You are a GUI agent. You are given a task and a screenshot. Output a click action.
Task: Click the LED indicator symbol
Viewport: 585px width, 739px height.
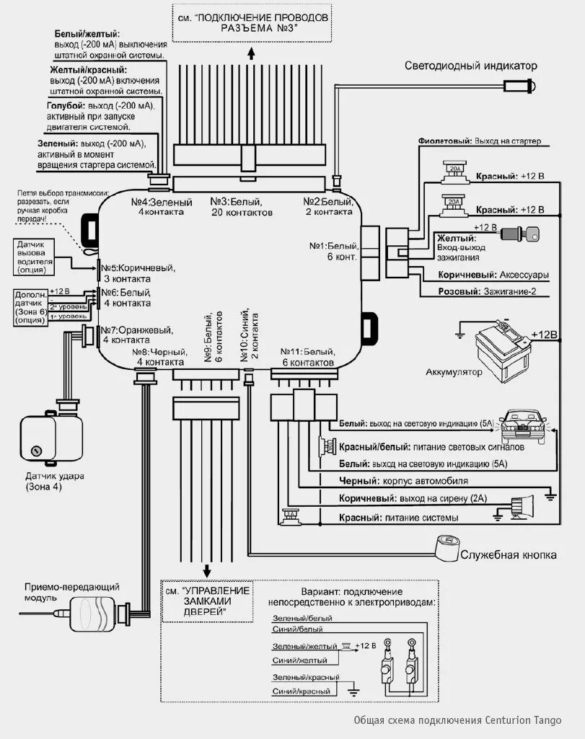pos(522,87)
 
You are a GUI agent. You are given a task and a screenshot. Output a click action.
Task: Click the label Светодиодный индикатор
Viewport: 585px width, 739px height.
pos(470,66)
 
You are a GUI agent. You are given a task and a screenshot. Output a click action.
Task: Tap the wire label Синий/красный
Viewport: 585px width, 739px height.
pos(301,691)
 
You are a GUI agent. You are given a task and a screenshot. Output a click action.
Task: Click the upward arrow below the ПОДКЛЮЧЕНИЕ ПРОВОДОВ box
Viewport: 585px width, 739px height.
pos(250,53)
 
